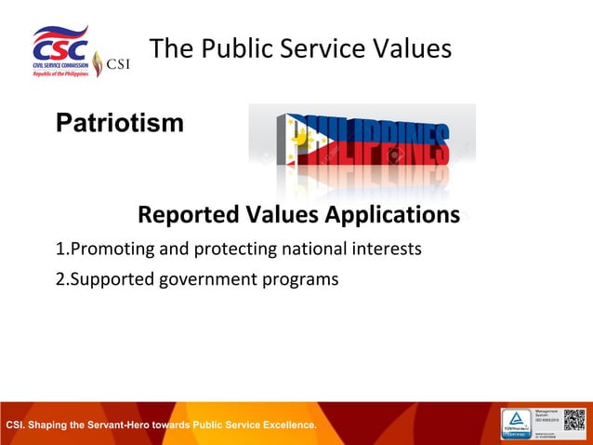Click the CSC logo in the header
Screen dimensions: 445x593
61,48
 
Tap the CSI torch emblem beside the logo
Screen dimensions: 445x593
98,64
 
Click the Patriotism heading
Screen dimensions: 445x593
120,122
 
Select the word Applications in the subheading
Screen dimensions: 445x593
391,215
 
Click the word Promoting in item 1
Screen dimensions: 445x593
108,249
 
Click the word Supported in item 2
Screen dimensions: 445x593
109,278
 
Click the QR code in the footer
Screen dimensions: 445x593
576,422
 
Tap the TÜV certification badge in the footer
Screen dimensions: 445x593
516,423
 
